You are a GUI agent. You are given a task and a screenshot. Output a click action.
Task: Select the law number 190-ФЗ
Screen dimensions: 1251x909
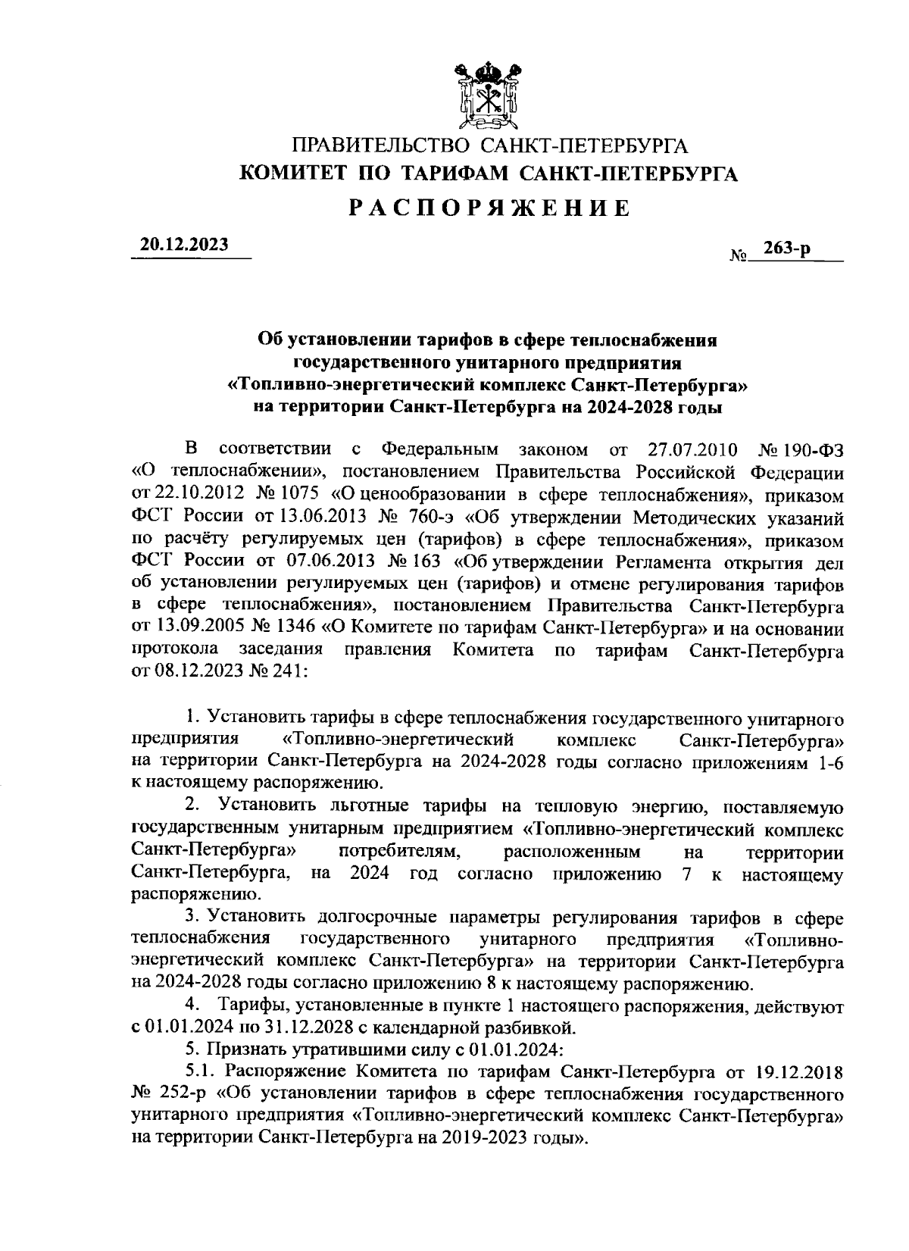(x=814, y=450)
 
